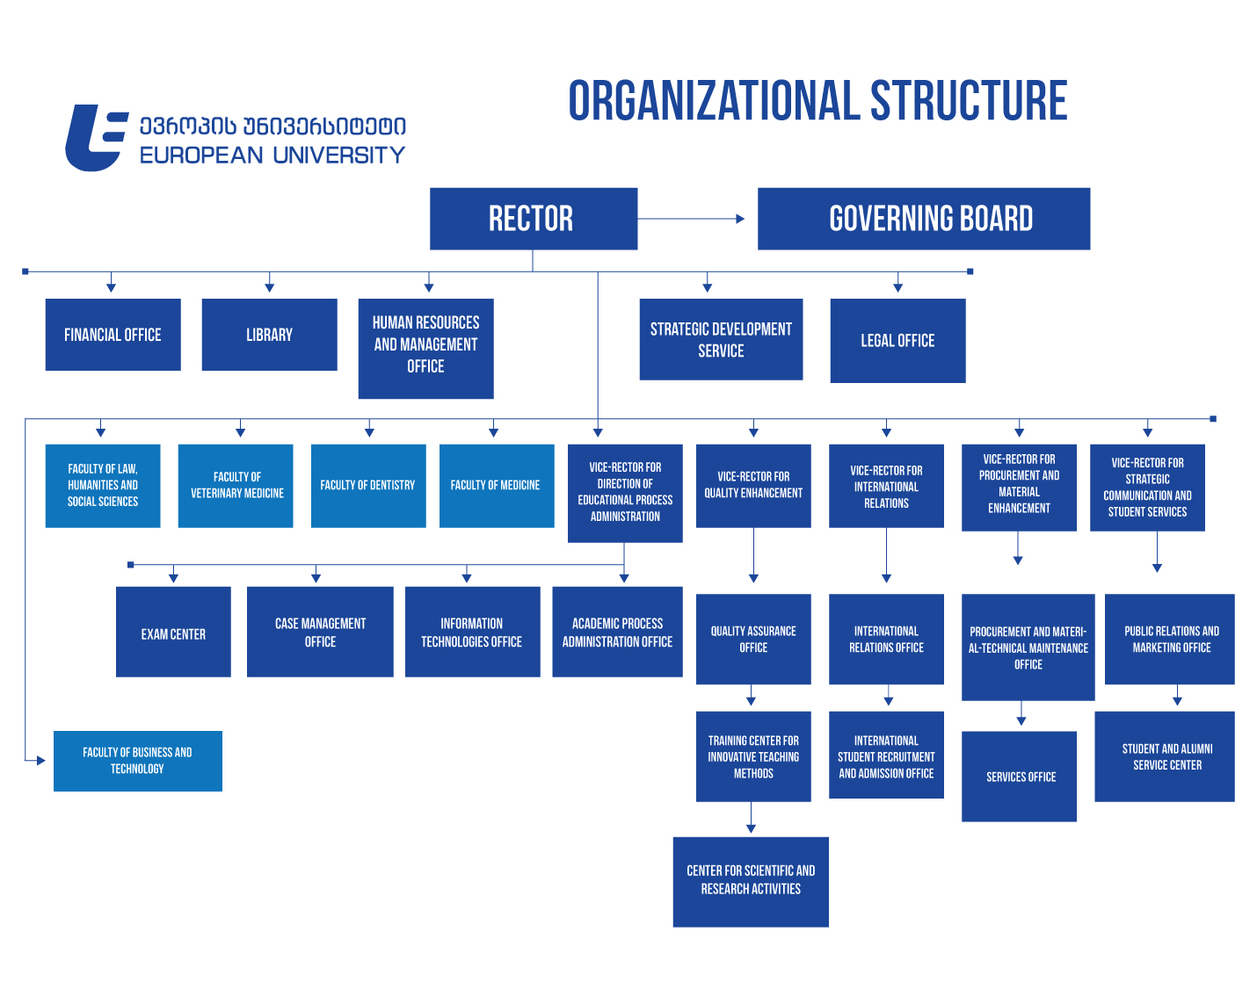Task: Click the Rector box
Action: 533,219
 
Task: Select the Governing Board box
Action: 923,219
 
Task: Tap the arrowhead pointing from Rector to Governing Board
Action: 739,219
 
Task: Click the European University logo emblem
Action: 96,138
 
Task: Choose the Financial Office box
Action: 113,335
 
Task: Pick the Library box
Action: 269,335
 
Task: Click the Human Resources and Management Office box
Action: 425,348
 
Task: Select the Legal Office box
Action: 897,341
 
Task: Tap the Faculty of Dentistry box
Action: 367,485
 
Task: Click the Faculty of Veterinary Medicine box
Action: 236,485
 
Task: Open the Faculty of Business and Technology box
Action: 137,761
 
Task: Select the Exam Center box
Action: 173,633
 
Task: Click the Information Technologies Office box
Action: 472,633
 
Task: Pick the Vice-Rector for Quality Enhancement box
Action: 753,485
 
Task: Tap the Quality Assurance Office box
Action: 753,639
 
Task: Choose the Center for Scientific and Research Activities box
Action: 751,881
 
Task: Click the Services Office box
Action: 1020,777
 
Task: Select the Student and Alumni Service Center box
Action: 1165,756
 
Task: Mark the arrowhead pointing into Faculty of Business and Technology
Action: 40,760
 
